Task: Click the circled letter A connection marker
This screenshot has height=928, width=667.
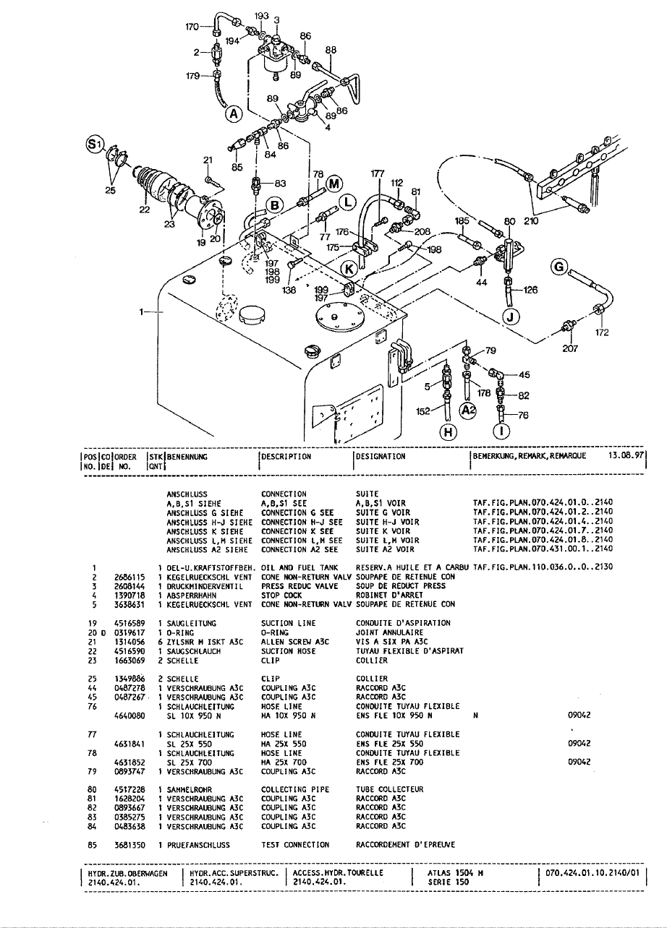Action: pyautogui.click(x=234, y=114)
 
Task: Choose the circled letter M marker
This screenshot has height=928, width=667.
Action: pyautogui.click(x=333, y=182)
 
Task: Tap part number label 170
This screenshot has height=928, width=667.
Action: pyautogui.click(x=192, y=27)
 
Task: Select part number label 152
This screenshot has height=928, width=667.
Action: pyautogui.click(x=425, y=410)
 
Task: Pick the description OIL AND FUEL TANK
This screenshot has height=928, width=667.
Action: pyautogui.click(x=299, y=567)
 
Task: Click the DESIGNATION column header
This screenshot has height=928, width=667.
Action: pyautogui.click(x=380, y=457)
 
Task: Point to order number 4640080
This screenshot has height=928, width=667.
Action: pyautogui.click(x=129, y=715)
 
